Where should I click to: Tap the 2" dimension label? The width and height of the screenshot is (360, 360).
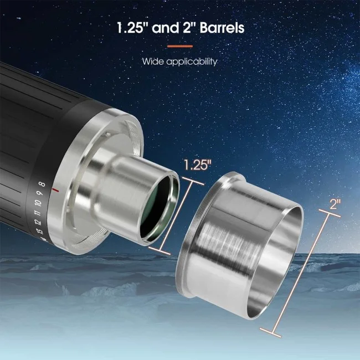click(335, 203)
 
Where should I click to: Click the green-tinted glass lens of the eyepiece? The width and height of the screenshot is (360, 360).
click(160, 210)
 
